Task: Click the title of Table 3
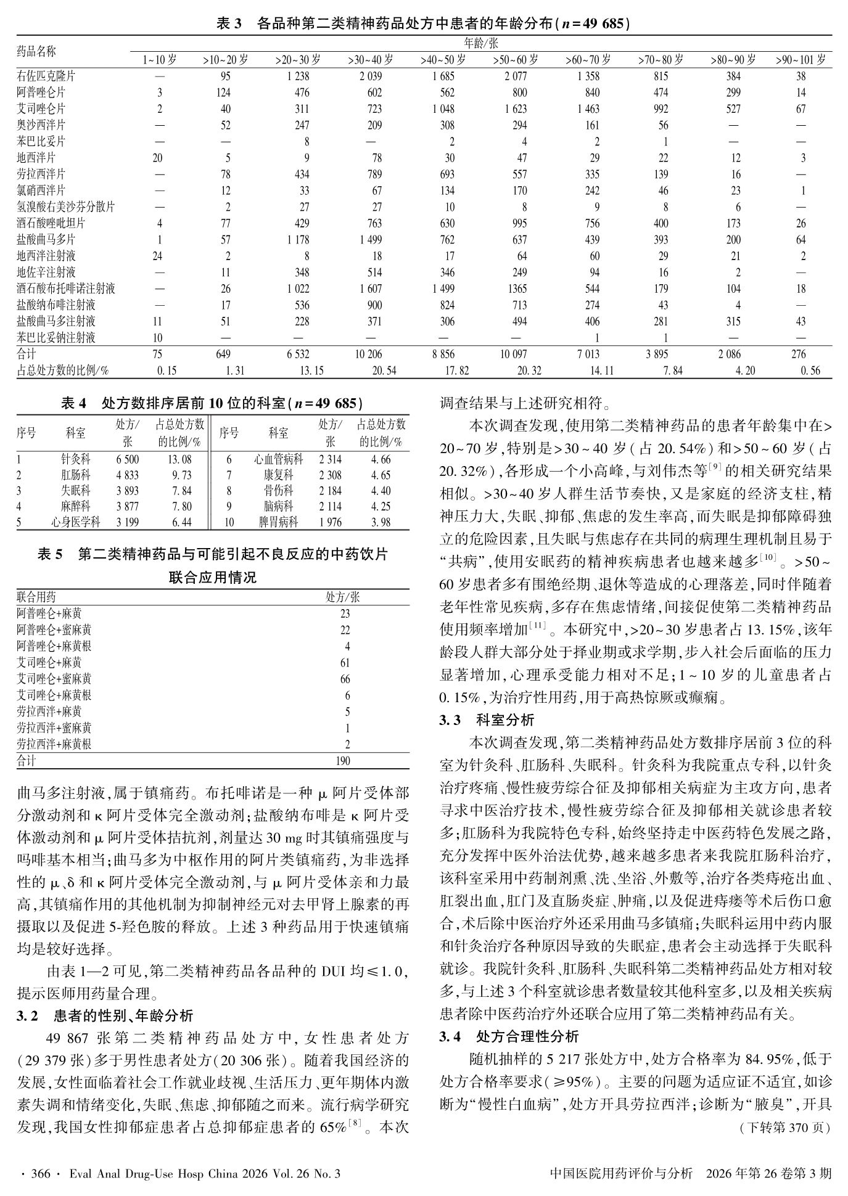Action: pos(424,23)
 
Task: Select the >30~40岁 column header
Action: pos(370,60)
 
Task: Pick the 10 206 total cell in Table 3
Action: pos(370,354)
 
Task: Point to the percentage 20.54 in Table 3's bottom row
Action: pos(370,370)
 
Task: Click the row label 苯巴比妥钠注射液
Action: pos(56,337)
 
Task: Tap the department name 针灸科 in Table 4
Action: pos(75,459)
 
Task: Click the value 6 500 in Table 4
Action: pos(127,459)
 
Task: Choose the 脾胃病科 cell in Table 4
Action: pos(278,522)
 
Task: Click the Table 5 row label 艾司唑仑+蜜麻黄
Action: pos(54,679)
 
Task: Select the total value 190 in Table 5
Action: pos(343,761)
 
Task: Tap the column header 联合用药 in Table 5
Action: pos(36,597)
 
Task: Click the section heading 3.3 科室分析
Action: pos(487,719)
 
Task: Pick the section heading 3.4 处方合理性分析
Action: pos(509,1036)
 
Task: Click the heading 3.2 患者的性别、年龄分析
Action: pos(105,1015)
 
